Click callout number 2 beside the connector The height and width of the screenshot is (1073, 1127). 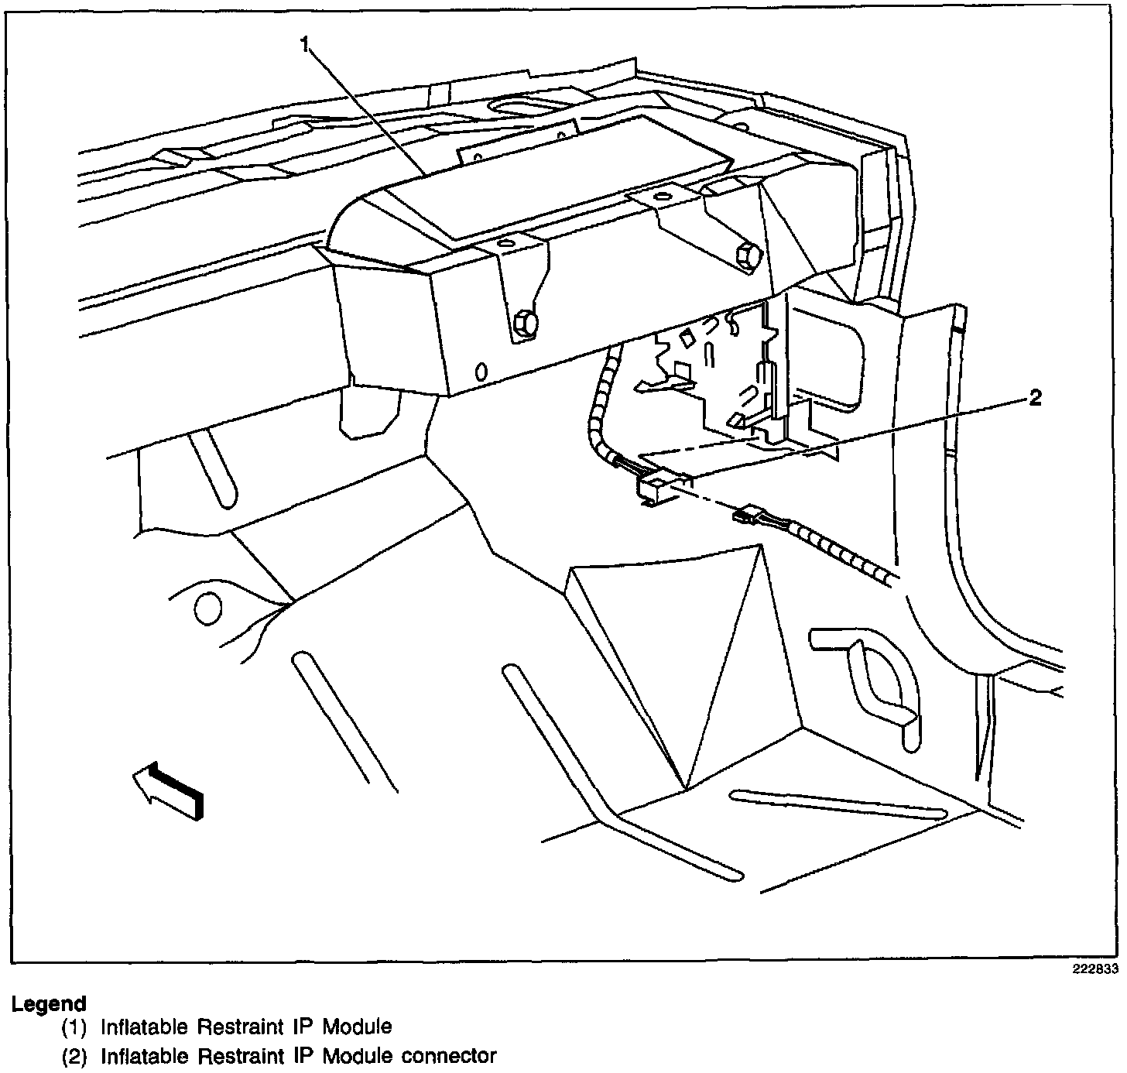pos(1034,399)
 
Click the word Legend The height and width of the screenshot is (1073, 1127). pos(49,1004)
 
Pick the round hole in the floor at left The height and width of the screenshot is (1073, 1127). pos(207,610)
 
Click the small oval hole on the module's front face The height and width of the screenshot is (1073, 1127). pos(481,372)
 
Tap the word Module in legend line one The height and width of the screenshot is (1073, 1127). pos(357,1028)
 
